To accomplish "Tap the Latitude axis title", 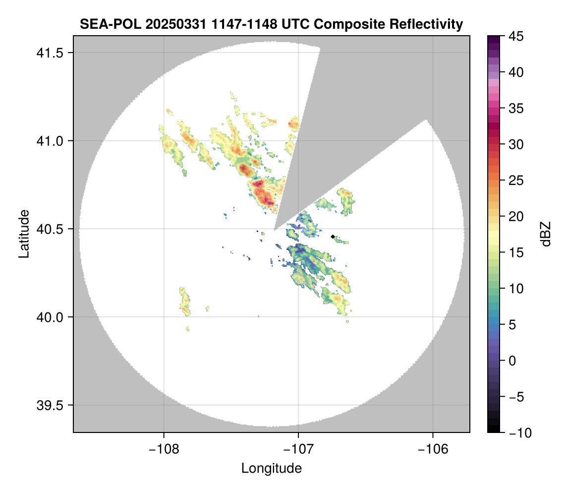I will (x=24, y=234).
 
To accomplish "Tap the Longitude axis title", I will (x=271, y=468).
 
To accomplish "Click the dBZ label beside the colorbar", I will (x=546, y=234).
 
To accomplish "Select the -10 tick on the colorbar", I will (x=517, y=433).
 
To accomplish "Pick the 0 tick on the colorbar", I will (x=511, y=361).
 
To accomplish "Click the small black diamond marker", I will (x=333, y=237).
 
